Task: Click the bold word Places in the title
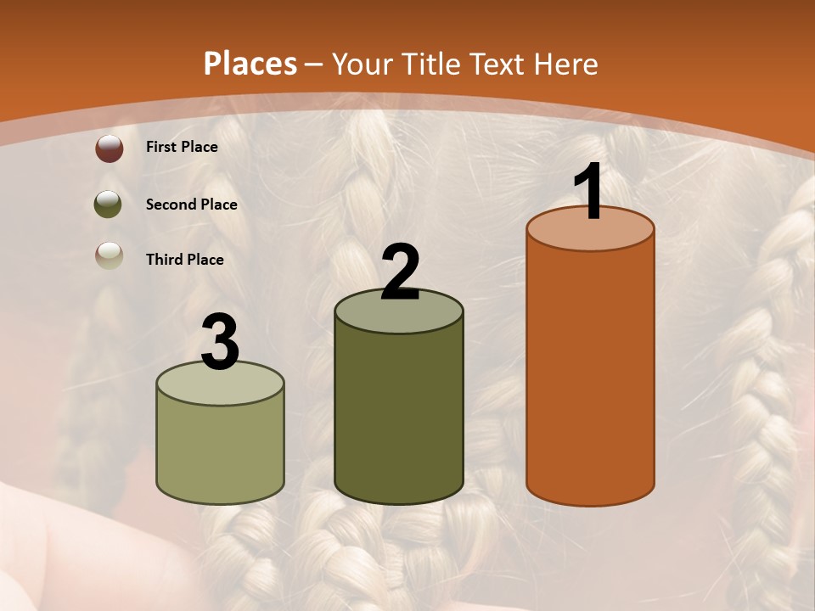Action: [x=250, y=64]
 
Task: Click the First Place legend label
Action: [x=182, y=147]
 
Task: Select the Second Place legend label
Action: [x=191, y=205]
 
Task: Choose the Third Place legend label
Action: [x=184, y=260]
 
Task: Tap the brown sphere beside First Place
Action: [x=110, y=149]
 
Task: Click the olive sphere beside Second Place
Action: [x=109, y=205]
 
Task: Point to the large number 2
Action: [x=401, y=272]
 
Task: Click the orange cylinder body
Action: [x=590, y=373]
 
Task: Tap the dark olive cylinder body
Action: [x=399, y=416]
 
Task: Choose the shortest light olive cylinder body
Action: [x=221, y=450]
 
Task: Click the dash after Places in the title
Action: [x=314, y=65]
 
